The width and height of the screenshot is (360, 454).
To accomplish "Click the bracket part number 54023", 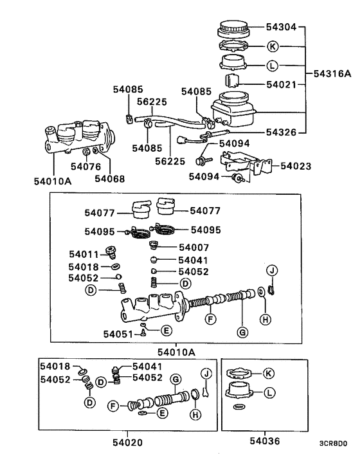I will tap(295, 166).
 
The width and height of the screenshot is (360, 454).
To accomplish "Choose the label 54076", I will tap(86, 167).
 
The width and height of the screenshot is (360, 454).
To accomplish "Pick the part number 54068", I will tap(109, 179).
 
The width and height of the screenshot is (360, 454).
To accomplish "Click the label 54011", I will tap(85, 254).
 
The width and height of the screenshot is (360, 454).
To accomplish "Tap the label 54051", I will tap(118, 334).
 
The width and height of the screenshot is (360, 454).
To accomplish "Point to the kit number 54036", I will tap(264, 442).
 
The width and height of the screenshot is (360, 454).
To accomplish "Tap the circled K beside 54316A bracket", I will tap(272, 46).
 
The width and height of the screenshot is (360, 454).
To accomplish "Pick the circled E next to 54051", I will tap(166, 331).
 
